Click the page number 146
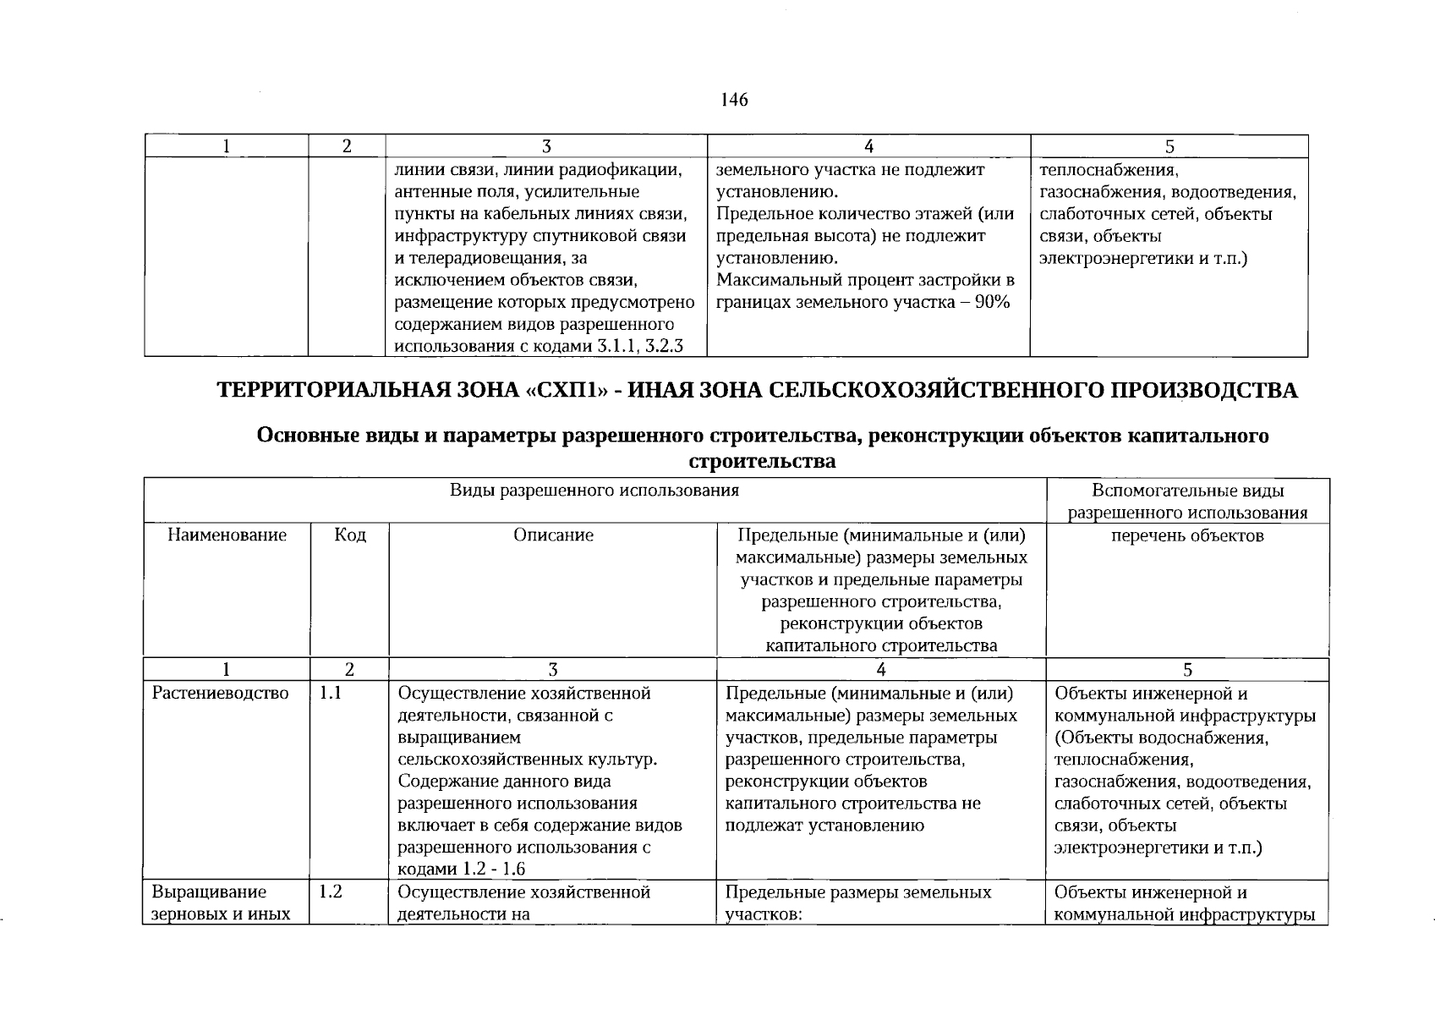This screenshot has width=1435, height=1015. [734, 100]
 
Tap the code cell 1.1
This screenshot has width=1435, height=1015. [330, 694]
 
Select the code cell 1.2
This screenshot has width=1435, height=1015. [331, 892]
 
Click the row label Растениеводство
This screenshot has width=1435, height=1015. [220, 694]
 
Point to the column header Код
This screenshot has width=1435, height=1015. [350, 535]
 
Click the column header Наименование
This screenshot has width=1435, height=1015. [227, 535]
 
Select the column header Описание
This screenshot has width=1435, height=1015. [553, 535]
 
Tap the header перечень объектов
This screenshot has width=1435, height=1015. [1187, 535]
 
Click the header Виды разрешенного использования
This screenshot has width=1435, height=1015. [594, 491]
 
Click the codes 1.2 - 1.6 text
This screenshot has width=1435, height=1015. [494, 870]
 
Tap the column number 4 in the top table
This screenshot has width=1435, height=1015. [868, 146]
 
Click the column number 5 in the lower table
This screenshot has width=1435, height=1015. [1187, 670]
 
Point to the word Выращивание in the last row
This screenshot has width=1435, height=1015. [209, 892]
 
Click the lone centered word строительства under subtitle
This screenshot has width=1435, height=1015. [762, 461]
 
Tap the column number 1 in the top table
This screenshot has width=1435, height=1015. [226, 146]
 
